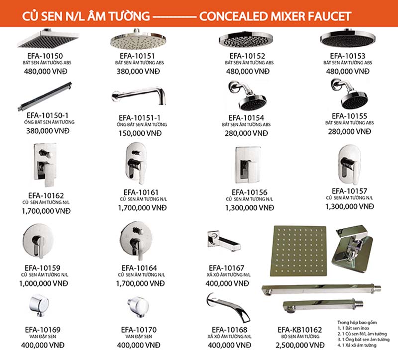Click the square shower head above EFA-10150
click(48, 39)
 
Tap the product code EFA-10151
click(137, 56)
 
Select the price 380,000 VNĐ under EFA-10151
click(138, 71)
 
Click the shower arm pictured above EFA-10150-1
click(45, 96)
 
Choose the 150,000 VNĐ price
click(140, 133)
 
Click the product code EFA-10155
click(350, 116)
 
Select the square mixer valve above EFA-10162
click(45, 165)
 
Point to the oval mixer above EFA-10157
click(350, 165)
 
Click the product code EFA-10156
click(250, 192)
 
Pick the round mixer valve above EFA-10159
click(38, 241)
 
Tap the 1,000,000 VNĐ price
click(44, 283)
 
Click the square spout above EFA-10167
click(223, 241)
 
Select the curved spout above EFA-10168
click(228, 308)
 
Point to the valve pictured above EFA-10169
click(39, 305)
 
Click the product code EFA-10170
click(139, 330)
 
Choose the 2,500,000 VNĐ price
click(300, 345)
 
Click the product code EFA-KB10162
click(300, 330)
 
